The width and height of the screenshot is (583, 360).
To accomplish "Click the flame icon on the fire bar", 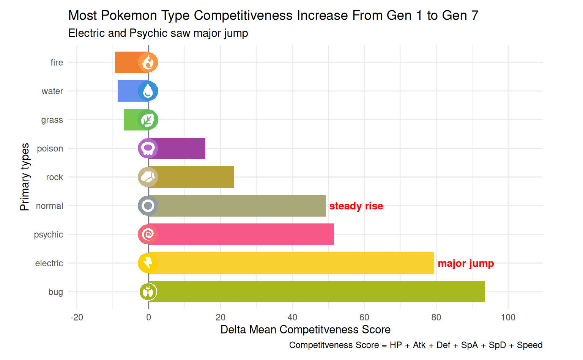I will pos(148,62).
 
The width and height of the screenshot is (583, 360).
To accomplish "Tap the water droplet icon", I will pos(148,91).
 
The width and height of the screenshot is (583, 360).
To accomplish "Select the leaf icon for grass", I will pos(148,120).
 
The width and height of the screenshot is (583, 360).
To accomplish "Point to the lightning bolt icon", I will pos(148,263).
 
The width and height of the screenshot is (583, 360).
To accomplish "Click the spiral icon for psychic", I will pos(148,234).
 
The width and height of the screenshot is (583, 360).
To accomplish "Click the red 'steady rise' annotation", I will pos(356,206).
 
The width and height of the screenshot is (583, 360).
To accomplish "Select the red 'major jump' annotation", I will pos(466,263).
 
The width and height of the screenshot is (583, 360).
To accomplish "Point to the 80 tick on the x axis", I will pos(436,317).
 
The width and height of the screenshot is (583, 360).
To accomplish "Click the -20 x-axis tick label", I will pos(77,317).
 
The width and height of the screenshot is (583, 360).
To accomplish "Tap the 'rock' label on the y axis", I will pos(55,177).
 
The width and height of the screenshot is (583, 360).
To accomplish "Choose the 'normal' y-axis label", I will pos(50,206).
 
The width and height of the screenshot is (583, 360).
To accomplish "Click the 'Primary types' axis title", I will pos(25,177).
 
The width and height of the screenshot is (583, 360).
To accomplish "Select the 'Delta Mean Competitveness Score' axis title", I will pos(306,329).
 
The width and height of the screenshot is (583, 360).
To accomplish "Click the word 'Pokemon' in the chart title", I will pos(129,16).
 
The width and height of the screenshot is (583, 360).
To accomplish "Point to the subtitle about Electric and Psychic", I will pos(158,33).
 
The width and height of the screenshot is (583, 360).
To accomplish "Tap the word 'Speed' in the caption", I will pos(529,345).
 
